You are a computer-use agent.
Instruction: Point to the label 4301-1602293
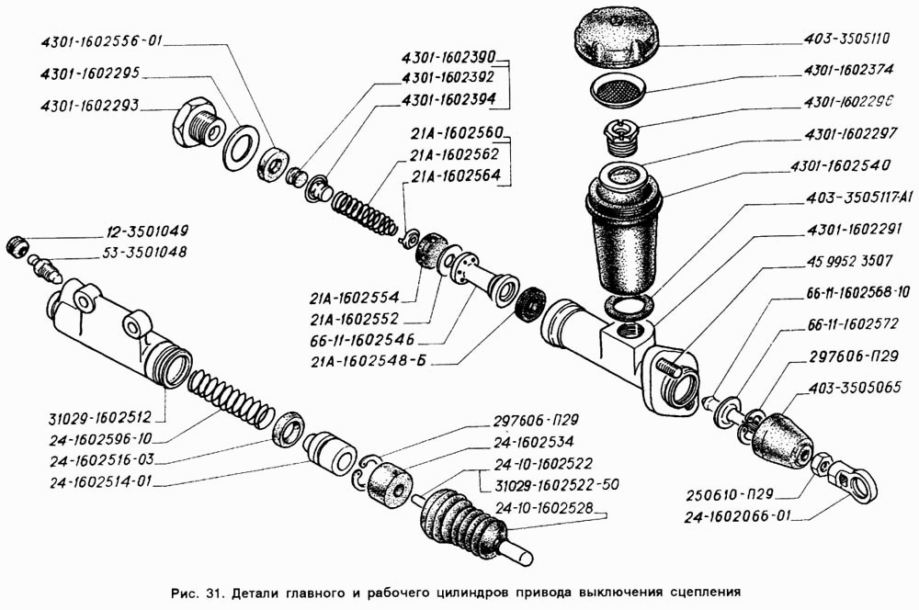89,106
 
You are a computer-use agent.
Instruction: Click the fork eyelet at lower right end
855,481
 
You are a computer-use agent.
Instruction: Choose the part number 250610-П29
731,497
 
